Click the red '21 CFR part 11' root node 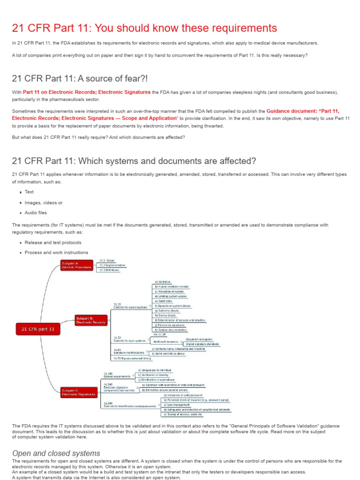[x=38, y=329]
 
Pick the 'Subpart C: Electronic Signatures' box [x=78, y=392]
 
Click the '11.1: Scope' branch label [x=107, y=260]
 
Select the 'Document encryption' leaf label [x=199, y=339]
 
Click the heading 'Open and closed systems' [x=56, y=453]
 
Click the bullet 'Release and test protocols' [x=53, y=242]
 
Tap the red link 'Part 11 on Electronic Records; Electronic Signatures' [x=87, y=92]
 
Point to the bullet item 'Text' [x=29, y=192]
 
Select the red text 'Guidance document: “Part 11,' [x=303, y=111]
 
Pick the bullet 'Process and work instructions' [x=56, y=253]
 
